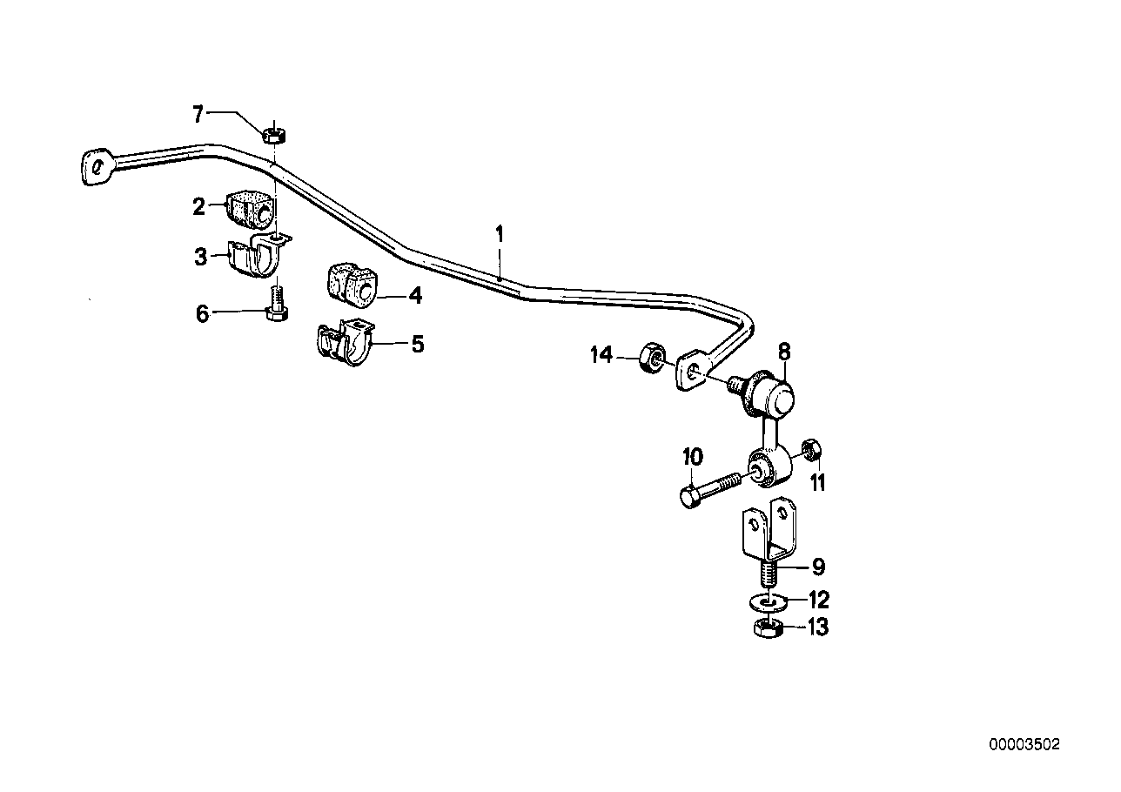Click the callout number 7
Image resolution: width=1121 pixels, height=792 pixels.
pos(197,113)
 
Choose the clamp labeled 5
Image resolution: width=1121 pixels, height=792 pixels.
pos(343,345)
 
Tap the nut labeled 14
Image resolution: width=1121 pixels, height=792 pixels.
pos(650,358)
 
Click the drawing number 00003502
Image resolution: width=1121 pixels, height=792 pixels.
pos(1024,745)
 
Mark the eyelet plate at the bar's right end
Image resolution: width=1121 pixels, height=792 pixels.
pos(693,370)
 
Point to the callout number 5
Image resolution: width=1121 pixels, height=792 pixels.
pos(418,344)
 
